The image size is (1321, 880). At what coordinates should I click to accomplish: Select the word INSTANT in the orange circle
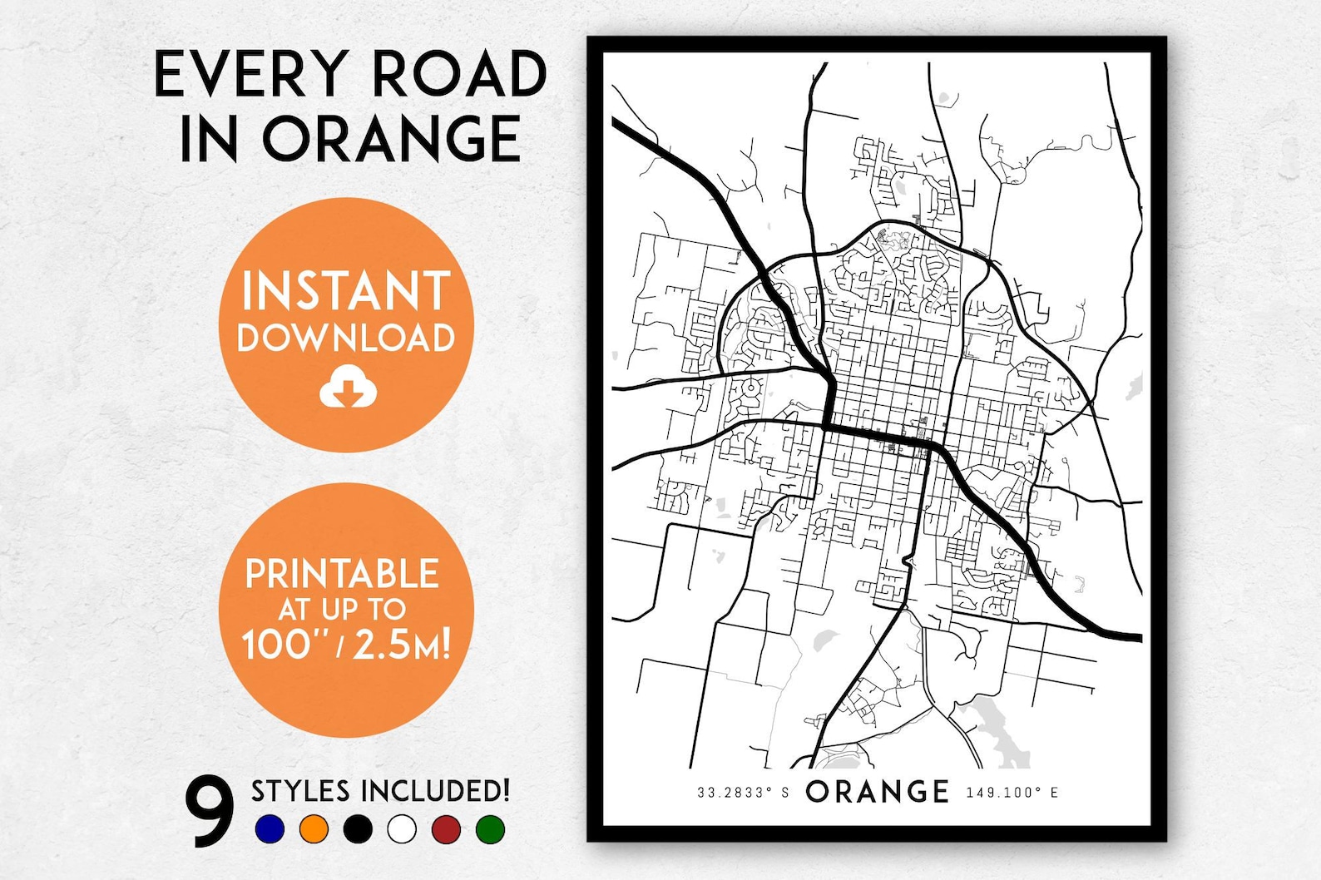[346, 291]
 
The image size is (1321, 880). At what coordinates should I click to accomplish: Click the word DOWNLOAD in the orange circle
[346, 338]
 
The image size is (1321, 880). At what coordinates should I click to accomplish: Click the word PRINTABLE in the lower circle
[342, 574]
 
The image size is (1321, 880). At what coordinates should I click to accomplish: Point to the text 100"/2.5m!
[346, 644]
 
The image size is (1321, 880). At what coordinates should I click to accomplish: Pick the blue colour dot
[270, 828]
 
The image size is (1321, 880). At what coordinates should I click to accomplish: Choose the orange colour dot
[314, 828]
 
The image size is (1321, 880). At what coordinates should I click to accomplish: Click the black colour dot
[358, 828]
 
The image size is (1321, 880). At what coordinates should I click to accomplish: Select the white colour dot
[402, 828]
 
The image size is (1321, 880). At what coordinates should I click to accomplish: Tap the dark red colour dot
[447, 828]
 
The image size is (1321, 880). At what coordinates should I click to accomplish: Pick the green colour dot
[491, 828]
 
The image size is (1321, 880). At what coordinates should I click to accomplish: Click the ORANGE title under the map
[878, 792]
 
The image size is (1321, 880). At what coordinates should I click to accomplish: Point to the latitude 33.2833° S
[743, 793]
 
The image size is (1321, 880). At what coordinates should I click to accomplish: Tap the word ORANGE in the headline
[392, 139]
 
